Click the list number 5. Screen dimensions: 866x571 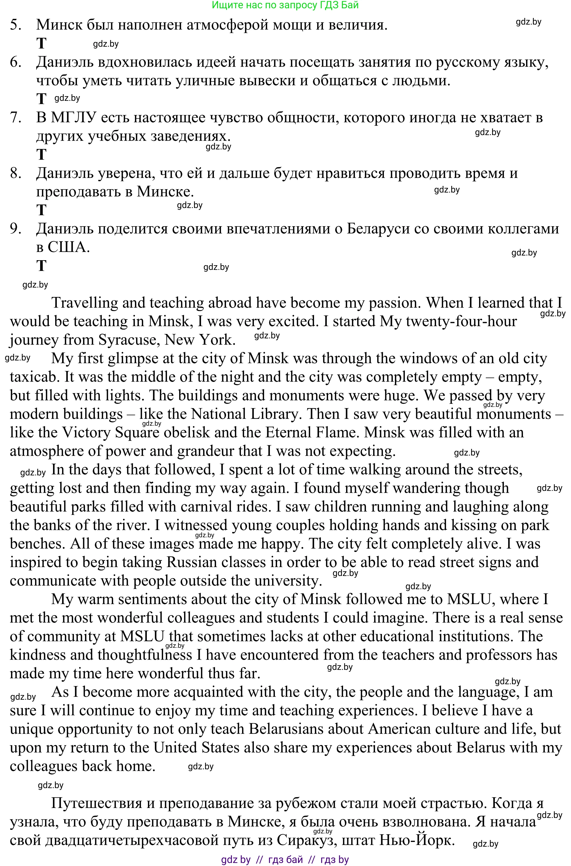tap(15, 25)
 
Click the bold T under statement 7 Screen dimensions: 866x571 tap(41, 154)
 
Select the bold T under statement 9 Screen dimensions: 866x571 tap(41, 266)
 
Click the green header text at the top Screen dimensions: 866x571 tap(285, 5)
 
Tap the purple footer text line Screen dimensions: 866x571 tap(285, 859)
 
